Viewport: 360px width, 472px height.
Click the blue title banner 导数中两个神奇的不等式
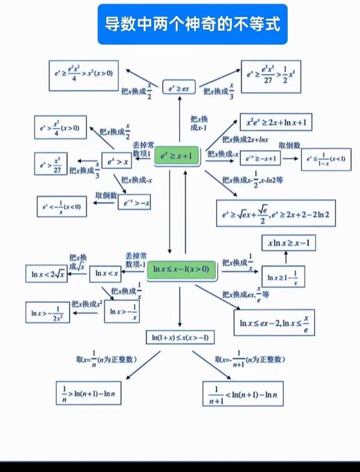coord(192,24)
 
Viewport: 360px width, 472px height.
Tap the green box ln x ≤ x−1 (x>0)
coord(181,269)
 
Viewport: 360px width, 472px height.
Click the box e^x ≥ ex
coord(179,87)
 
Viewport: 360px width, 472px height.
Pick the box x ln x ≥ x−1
coord(289,243)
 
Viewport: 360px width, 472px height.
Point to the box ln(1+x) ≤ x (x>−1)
coord(180,338)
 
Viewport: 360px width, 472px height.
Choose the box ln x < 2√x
coord(46,274)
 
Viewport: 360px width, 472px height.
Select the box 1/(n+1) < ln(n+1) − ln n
coord(242,393)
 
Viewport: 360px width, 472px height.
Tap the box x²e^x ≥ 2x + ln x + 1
coord(276,122)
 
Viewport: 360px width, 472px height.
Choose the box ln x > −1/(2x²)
coord(48,312)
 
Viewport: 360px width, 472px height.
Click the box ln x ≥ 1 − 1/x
coord(283,277)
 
